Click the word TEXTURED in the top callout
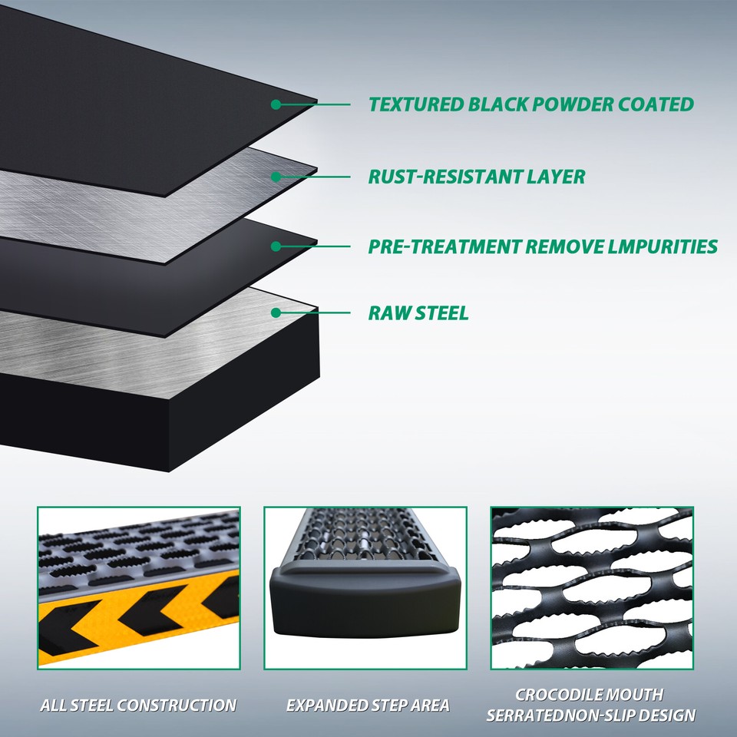point(416,104)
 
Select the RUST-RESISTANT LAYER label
point(477,177)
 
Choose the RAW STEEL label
point(418,313)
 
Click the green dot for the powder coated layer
point(276,104)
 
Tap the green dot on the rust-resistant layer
point(276,177)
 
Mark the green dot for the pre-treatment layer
point(276,246)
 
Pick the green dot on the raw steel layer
point(276,313)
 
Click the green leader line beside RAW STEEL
point(315,313)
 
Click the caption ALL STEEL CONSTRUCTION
point(138,705)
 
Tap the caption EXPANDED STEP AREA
point(368,705)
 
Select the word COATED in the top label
point(656,104)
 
